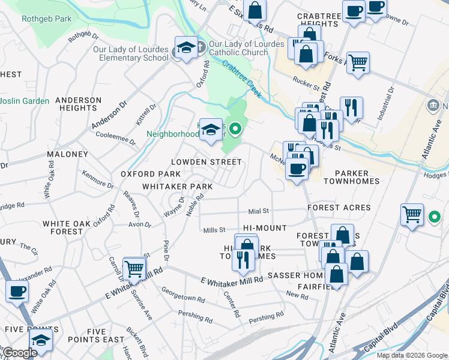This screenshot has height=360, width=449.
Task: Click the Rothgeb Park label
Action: [46, 19]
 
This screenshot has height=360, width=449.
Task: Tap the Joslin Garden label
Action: [24, 101]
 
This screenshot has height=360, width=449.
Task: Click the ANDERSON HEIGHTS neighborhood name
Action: [79, 104]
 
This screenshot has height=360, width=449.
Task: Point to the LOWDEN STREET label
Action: [206, 162]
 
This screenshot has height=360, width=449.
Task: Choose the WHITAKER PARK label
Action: [177, 187]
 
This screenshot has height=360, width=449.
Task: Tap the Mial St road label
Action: [259, 211]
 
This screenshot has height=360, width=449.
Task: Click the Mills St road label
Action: [214, 230]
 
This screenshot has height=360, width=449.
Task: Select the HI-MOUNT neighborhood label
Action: [265, 229]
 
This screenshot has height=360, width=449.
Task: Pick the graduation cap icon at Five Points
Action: [41, 340]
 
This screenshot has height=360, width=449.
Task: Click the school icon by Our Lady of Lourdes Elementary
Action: [186, 48]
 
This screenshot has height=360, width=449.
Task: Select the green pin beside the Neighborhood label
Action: [236, 128]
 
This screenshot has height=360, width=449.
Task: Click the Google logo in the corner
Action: [20, 353]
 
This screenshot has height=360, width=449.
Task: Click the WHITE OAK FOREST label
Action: [63, 227]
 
